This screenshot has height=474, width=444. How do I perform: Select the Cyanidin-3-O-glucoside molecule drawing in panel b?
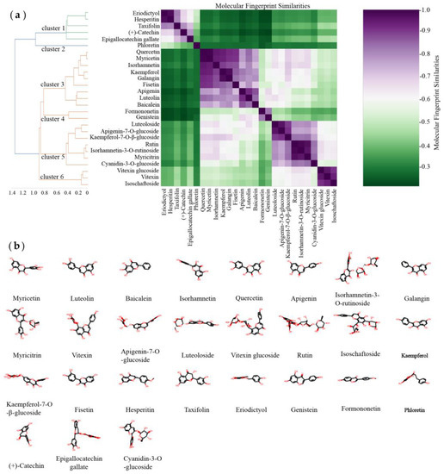pos(139,433)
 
